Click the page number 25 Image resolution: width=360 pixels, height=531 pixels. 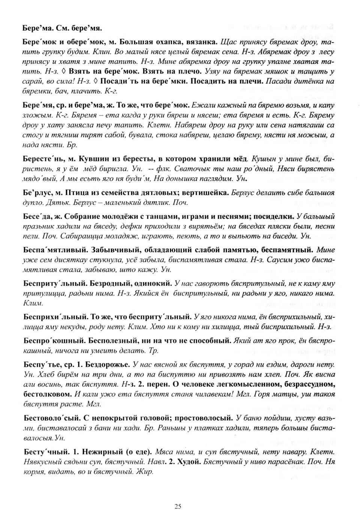click(x=178, y=507)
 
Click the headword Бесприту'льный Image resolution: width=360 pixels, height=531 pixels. click(x=50, y=283)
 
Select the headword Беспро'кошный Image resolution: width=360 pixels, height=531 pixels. click(x=51, y=341)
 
